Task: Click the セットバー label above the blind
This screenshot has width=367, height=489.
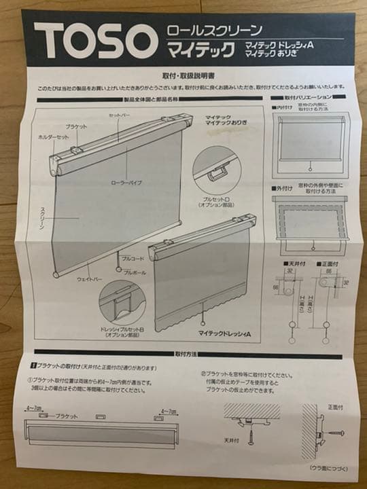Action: click(120, 116)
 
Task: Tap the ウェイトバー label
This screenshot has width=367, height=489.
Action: click(90, 279)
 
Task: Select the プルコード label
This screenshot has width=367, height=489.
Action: click(134, 259)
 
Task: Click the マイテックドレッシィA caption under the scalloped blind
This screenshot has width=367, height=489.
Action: click(225, 334)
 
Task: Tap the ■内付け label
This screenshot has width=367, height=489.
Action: click(283, 107)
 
